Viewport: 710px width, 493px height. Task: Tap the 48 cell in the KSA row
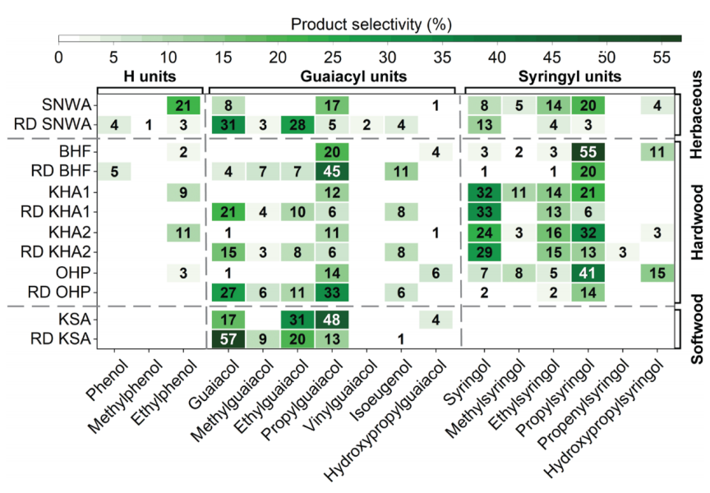click(x=331, y=319)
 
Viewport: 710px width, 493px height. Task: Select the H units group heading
click(x=150, y=76)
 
